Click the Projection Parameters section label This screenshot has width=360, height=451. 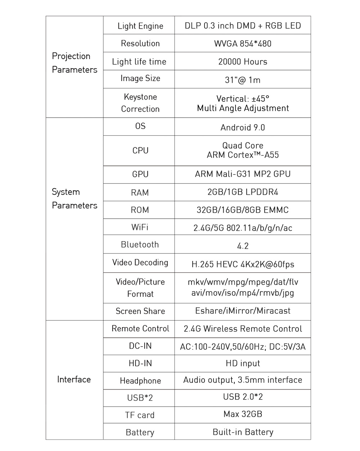[x=75, y=63]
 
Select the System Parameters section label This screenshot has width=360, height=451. [x=75, y=199]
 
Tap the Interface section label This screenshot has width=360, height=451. [x=74, y=379]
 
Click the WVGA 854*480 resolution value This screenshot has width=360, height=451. [x=243, y=44]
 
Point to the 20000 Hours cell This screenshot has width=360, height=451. [x=243, y=62]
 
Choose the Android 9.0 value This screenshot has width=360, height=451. [x=243, y=127]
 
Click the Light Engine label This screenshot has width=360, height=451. [x=140, y=26]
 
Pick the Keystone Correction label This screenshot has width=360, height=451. [x=140, y=103]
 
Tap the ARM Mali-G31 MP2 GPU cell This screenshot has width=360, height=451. [x=243, y=174]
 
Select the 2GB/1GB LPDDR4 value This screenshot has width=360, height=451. [x=243, y=192]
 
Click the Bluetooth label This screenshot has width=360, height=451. [x=140, y=245]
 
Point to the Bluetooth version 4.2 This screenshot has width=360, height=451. [x=243, y=246]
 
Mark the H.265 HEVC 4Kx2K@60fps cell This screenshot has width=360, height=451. [x=243, y=265]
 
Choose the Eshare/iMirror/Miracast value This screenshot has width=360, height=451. [x=243, y=311]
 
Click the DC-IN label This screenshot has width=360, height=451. [x=140, y=346]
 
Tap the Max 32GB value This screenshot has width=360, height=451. [x=243, y=414]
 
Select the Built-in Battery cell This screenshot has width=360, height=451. [x=243, y=432]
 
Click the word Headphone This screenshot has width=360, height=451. [x=140, y=381]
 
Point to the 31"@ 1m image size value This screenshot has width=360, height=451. [x=243, y=80]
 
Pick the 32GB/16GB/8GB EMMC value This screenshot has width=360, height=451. [x=243, y=210]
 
